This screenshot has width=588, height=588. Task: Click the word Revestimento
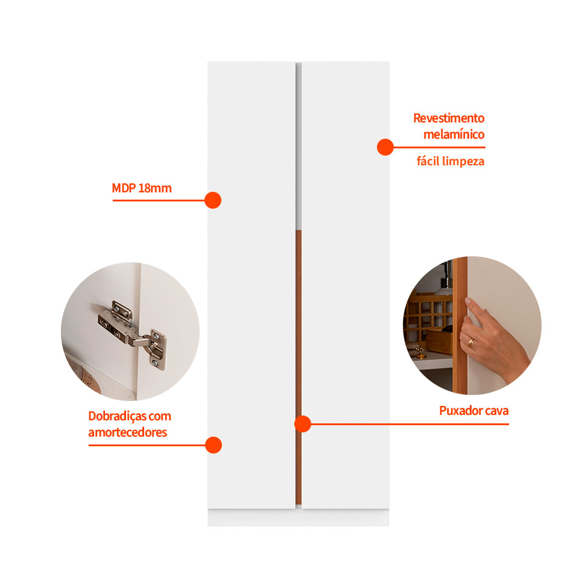click(449, 118)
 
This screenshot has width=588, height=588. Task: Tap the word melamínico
click(454, 134)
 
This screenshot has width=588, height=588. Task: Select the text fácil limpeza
click(450, 161)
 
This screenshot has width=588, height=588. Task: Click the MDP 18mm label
click(142, 188)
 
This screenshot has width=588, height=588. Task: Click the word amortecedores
click(127, 432)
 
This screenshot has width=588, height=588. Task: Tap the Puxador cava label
click(473, 411)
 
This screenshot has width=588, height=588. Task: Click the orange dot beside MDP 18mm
click(213, 200)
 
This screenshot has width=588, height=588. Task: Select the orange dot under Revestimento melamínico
click(385, 147)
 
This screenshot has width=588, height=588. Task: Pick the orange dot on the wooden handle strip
click(303, 424)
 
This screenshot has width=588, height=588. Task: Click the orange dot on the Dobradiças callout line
click(213, 445)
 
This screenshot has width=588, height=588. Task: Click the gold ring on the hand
click(470, 343)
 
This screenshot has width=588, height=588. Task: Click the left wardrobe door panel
click(251, 285)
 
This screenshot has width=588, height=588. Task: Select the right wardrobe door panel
click(346, 285)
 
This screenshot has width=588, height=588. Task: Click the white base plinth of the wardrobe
click(299, 517)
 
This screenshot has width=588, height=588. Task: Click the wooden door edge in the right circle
click(460, 326)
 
